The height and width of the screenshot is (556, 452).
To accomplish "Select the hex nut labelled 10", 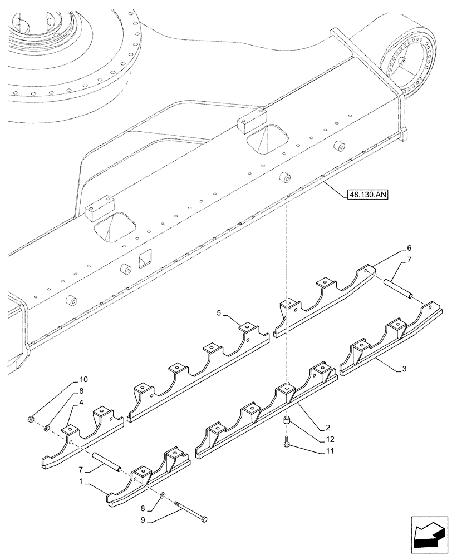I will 32,419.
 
